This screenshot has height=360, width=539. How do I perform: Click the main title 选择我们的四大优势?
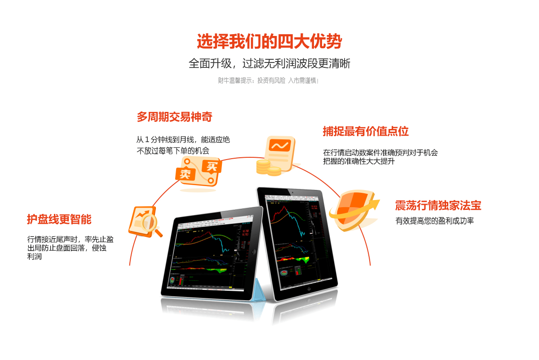tap(269, 42)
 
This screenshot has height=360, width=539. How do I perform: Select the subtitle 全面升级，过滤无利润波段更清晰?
tap(269, 63)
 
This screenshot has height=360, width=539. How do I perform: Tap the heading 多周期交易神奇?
tap(174, 117)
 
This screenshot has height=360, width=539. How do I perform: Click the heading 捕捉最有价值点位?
tap(366, 131)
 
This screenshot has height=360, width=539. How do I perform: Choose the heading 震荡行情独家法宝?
tap(438, 205)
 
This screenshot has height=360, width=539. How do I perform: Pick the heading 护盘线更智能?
tap(59, 219)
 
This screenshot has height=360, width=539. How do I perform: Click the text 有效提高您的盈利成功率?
tap(434, 221)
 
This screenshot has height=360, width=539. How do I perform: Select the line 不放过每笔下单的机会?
tap(173, 151)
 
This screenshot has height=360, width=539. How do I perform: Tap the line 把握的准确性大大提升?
tap(359, 161)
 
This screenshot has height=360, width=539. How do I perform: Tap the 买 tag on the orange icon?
tap(211, 166)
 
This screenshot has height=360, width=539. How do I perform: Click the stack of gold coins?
tap(268, 168)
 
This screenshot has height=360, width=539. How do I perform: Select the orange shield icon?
tap(350, 210)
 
